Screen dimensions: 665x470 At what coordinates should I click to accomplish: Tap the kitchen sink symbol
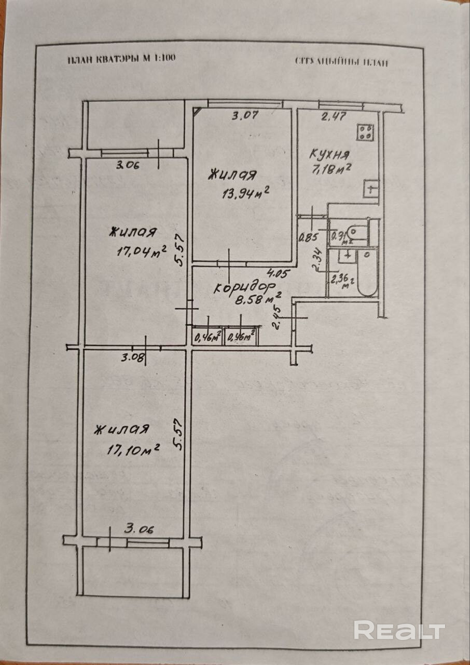point(371,189)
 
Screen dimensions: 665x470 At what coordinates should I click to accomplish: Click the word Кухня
point(330,154)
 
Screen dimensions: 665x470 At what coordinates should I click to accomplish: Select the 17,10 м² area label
point(133,449)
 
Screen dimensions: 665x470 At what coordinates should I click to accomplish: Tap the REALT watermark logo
point(399,630)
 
